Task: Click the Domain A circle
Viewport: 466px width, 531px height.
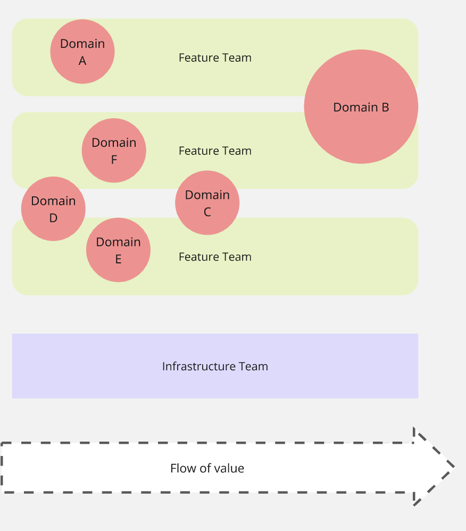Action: click(82, 52)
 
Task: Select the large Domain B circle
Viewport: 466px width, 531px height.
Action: click(361, 106)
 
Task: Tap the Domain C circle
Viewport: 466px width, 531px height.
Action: click(207, 203)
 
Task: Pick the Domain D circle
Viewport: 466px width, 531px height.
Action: click(53, 209)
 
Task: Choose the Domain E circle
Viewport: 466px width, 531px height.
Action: click(118, 250)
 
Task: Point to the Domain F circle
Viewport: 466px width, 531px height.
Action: click(114, 151)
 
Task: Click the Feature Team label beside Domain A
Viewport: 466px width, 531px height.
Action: click(215, 57)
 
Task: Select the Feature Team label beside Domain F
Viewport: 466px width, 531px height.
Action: click(215, 151)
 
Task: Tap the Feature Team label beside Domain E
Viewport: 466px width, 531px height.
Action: click(215, 256)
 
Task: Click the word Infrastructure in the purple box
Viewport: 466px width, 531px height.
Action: click(199, 367)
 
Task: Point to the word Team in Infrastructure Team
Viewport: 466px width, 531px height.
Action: click(253, 367)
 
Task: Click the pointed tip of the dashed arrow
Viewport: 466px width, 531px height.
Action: click(455, 467)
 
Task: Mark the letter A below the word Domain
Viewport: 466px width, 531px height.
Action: click(82, 61)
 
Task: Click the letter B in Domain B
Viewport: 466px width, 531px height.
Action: click(385, 107)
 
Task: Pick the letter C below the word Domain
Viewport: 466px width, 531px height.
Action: click(207, 212)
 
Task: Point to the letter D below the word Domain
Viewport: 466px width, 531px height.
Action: click(53, 218)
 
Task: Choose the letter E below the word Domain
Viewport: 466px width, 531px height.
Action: click(118, 260)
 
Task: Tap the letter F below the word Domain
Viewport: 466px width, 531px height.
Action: click(114, 160)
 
